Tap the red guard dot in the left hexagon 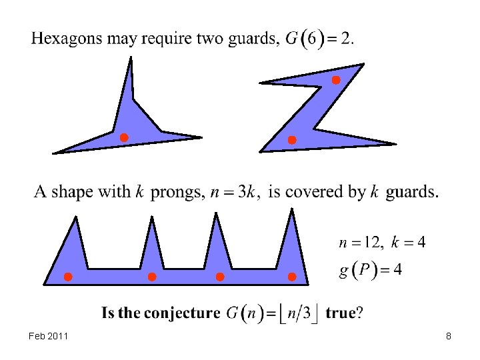(123, 138)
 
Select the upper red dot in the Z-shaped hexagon (336, 80)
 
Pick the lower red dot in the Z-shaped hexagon (291, 140)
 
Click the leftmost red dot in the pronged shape (67, 277)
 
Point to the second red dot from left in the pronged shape (152, 277)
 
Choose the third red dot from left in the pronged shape (220, 277)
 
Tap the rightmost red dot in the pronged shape (291, 277)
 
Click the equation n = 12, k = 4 (381, 242)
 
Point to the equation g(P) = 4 (370, 270)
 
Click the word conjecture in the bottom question (182, 313)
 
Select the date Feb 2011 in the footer (49, 337)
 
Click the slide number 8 (449, 337)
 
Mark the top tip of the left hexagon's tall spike (131, 58)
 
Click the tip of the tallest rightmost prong (291, 209)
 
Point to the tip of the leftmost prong (76, 217)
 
